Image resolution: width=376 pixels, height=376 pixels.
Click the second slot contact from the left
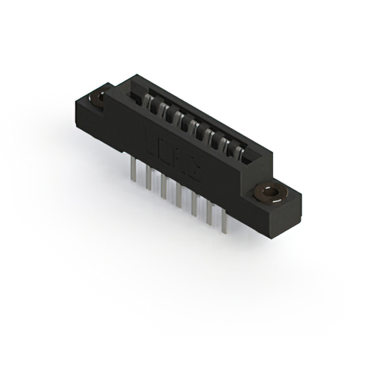[x=170, y=113]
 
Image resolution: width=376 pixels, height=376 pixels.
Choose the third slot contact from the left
[x=184, y=122]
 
